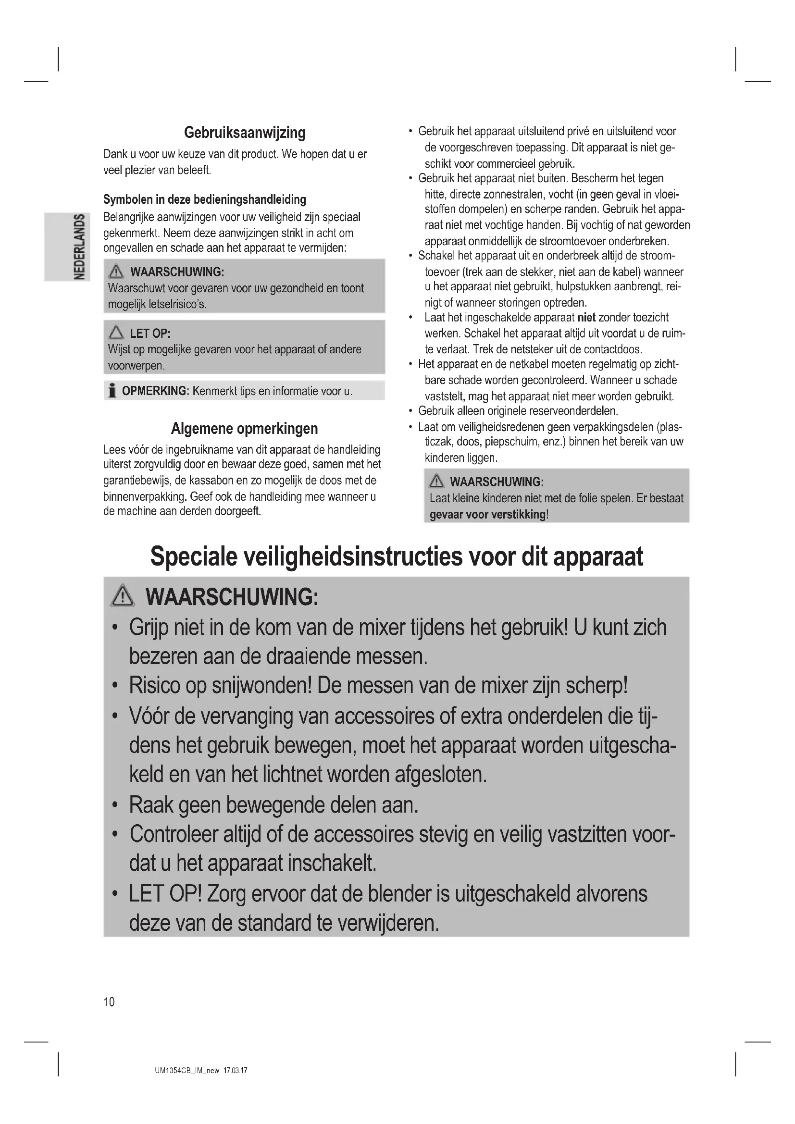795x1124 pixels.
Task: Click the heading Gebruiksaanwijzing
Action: point(244,133)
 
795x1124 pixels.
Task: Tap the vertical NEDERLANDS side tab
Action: point(78,247)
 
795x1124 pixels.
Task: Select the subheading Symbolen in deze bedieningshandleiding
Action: point(205,199)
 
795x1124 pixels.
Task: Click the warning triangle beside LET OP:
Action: point(116,333)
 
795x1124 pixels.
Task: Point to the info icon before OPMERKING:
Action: point(112,391)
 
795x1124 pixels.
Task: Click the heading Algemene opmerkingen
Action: point(244,429)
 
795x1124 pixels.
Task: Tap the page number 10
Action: point(109,1002)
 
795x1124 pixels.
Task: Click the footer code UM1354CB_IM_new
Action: point(187,1071)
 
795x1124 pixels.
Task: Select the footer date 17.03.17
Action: point(236,1071)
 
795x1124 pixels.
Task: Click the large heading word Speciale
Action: point(193,556)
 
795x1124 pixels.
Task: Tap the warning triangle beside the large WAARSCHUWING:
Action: point(123,597)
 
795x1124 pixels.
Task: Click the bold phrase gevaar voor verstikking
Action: point(487,515)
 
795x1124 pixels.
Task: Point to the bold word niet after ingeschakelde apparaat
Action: point(586,317)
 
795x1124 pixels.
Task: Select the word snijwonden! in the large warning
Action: point(261,685)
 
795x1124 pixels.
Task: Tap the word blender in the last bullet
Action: point(398,894)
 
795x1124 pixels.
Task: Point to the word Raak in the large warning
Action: point(151,805)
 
